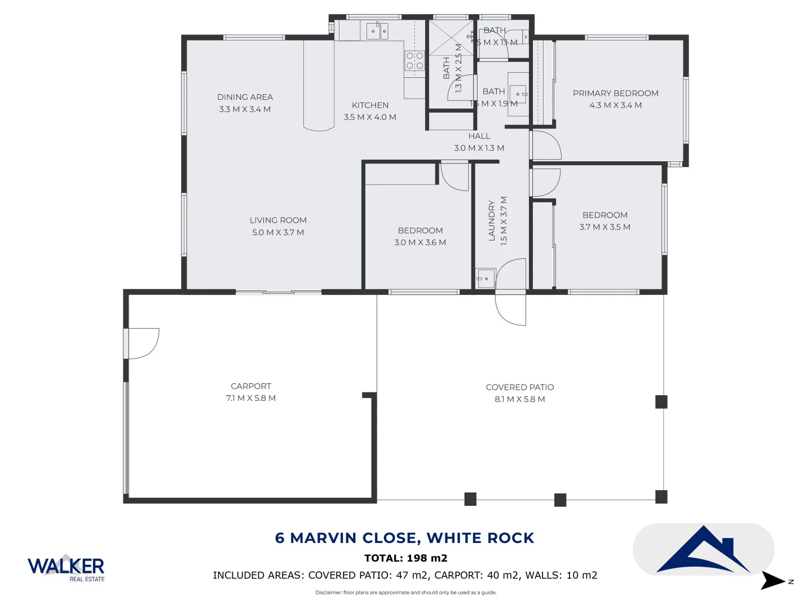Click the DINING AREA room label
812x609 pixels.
point(245,97)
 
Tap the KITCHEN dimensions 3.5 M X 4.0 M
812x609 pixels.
point(370,117)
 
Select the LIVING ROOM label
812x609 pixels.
point(278,220)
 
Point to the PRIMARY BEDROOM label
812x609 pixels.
point(615,94)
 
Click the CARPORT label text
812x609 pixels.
point(251,386)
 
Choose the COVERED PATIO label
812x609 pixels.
point(519,387)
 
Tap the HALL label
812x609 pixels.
point(479,136)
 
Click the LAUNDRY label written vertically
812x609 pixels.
point(492,220)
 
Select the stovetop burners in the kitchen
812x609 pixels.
point(414,61)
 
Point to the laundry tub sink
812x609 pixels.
point(485,278)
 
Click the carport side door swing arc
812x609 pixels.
point(144,343)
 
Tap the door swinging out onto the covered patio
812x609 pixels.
point(510,310)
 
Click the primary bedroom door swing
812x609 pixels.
point(545,145)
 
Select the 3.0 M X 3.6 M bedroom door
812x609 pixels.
point(454,176)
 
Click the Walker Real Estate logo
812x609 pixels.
point(66,567)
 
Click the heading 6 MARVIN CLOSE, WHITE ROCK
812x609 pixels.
point(404,538)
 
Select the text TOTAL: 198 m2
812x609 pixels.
point(405,558)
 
